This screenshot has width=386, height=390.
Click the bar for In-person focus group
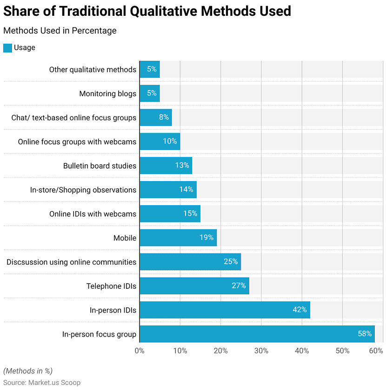tap(257, 334)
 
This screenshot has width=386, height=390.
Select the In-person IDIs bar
tap(225, 310)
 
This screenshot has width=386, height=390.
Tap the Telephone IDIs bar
tap(194, 286)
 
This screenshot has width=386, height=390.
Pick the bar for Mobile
tap(178, 238)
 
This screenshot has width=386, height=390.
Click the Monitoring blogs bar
tap(150, 93)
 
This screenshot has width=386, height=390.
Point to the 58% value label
tap(365, 334)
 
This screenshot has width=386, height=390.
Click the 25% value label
tap(231, 261)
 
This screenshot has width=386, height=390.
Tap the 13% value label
tap(182, 165)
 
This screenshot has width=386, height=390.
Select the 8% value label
tap(164, 117)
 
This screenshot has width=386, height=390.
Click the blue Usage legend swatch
tap(7, 48)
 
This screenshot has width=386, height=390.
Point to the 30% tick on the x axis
tap(261, 351)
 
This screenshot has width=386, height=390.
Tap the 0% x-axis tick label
tap(140, 351)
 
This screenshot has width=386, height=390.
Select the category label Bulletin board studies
tap(100, 166)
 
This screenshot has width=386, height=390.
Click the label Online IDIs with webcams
tap(93, 214)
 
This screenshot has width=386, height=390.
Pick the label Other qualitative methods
tap(93, 70)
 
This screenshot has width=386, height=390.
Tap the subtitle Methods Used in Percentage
tap(60, 31)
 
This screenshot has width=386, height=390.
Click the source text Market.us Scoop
tap(54, 383)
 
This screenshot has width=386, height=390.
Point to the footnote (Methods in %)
tap(28, 371)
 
